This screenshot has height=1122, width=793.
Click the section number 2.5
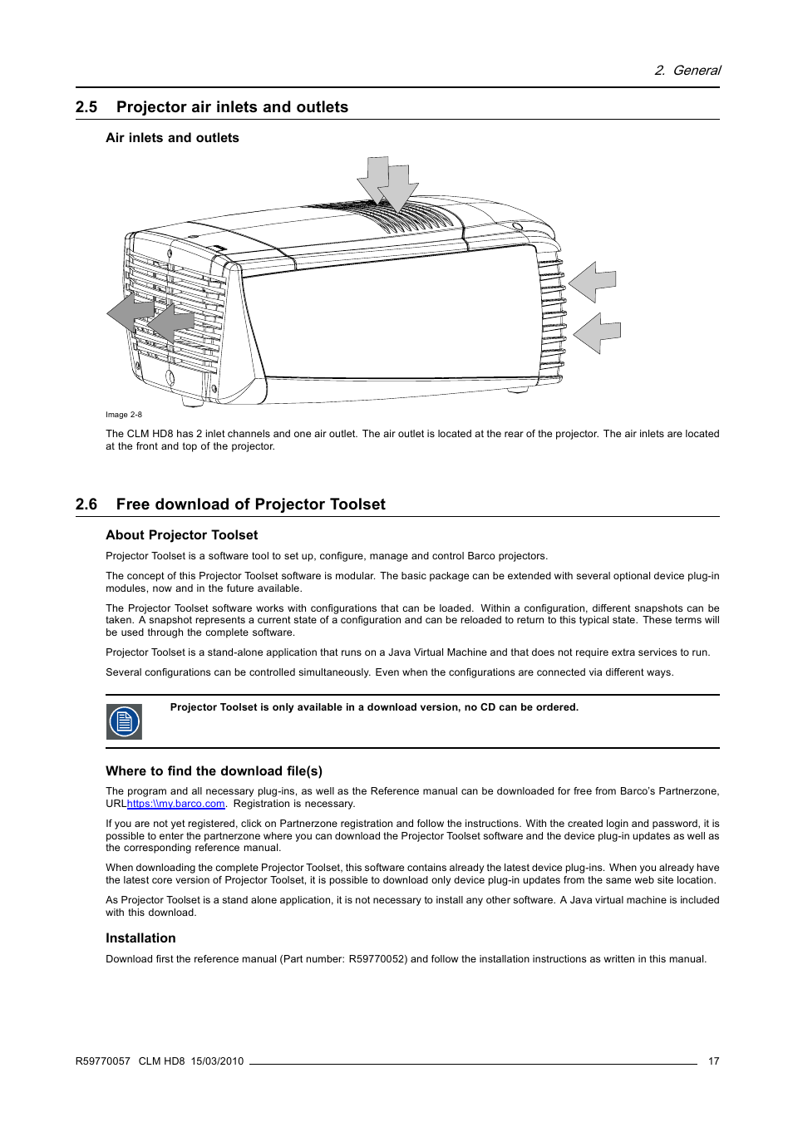click(x=86, y=107)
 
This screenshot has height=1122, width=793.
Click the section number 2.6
click(x=86, y=504)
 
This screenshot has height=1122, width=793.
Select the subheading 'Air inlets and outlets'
click(x=172, y=138)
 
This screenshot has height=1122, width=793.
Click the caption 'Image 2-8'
click(x=123, y=415)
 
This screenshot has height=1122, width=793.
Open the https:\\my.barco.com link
click(x=176, y=804)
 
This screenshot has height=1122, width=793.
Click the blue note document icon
click(x=124, y=721)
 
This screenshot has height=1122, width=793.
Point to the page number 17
click(x=713, y=1061)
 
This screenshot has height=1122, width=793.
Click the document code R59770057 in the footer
click(x=103, y=1061)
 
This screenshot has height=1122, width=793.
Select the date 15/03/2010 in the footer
click(x=217, y=1061)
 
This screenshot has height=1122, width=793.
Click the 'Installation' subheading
click(x=140, y=938)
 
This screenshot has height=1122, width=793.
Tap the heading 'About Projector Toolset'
click(x=181, y=535)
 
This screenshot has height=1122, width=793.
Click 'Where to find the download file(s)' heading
click(x=214, y=771)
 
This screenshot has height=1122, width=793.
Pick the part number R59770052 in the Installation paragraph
click(x=377, y=959)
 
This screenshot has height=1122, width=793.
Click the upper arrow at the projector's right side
click(x=594, y=282)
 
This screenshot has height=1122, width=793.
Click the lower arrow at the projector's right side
click(x=598, y=332)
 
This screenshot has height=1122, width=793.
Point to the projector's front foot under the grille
click(x=192, y=400)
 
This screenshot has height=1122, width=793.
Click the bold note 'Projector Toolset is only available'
click(x=374, y=707)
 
